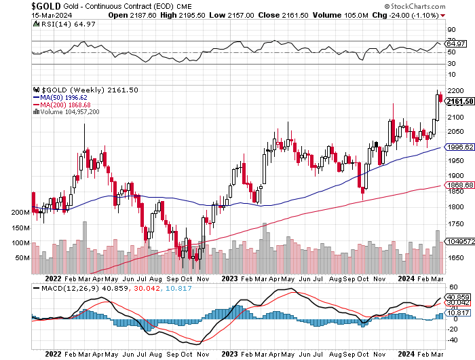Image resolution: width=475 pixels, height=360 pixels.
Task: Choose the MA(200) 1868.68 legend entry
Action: (64, 104)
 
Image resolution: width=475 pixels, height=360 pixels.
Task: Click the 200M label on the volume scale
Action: (20, 213)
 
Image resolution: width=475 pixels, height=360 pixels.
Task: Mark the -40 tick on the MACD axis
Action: (451, 339)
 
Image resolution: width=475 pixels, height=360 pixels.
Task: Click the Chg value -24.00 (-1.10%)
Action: (425, 14)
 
